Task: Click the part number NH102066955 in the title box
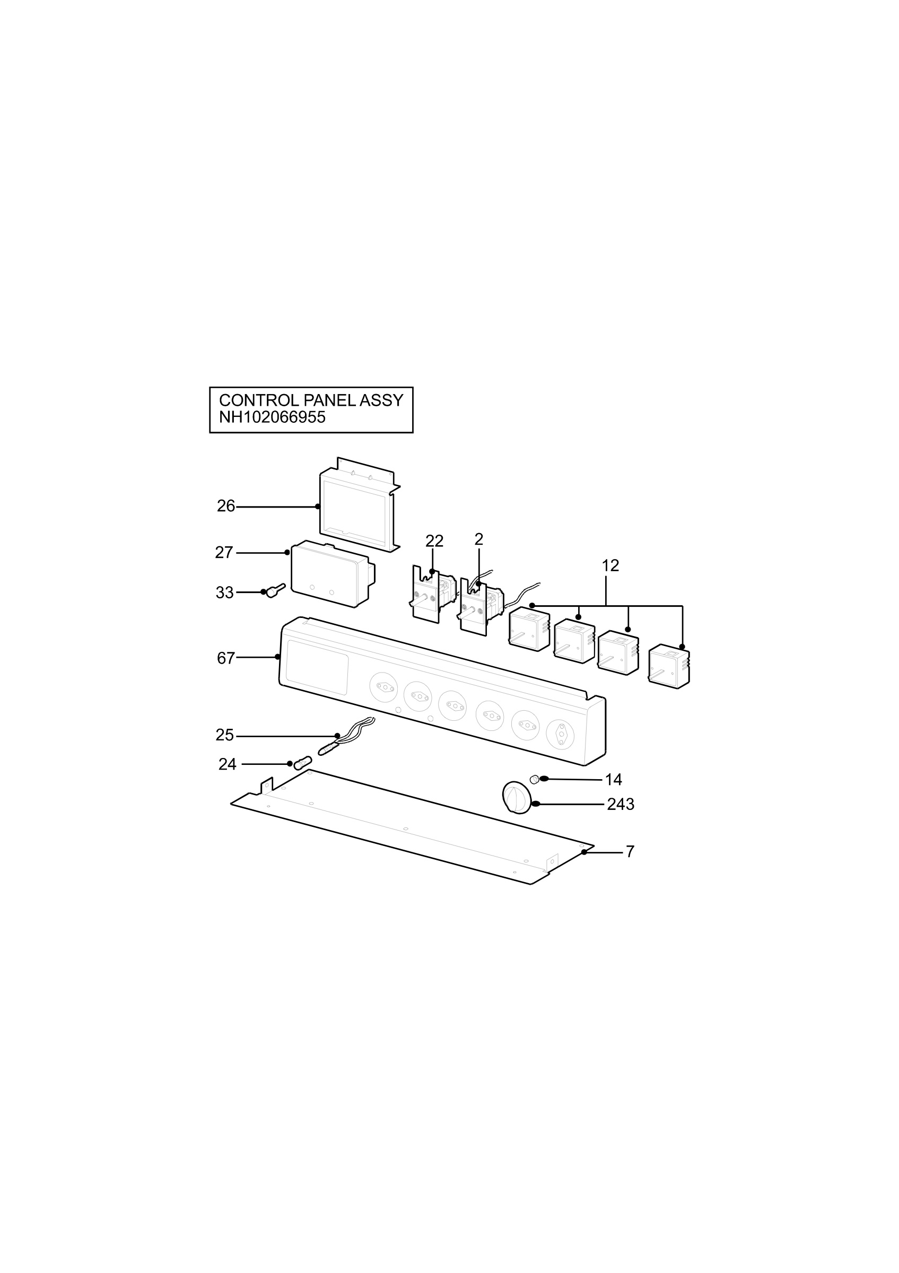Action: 272,417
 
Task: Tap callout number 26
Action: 226,505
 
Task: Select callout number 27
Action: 224,552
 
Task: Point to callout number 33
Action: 224,592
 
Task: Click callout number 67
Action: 226,658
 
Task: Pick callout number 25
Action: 224,735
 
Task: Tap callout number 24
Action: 227,764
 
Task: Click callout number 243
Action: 620,804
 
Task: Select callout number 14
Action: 614,780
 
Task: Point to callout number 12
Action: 610,565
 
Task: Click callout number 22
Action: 434,541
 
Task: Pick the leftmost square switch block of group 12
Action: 529,629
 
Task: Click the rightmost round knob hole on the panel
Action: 561,734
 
